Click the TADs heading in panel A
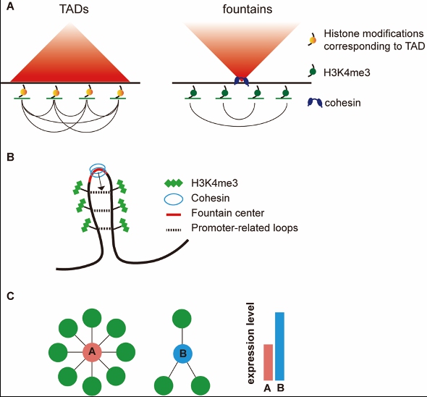click(x=74, y=9)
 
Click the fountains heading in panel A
click(x=248, y=9)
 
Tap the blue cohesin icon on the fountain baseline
click(x=242, y=81)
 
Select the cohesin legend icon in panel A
click(x=315, y=103)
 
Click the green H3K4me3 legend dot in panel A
click(x=313, y=72)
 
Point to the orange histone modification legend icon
click(x=313, y=40)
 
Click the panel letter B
click(x=10, y=157)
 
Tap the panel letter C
click(x=10, y=296)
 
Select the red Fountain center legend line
click(x=174, y=214)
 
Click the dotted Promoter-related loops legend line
click(x=174, y=230)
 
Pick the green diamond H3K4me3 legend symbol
click(x=174, y=183)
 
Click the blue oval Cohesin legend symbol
click(x=174, y=198)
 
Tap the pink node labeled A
click(x=92, y=352)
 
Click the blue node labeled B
click(x=182, y=354)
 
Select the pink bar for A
click(x=268, y=362)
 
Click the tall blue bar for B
click(x=279, y=346)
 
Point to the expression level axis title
click(x=250, y=343)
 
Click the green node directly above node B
click(x=182, y=319)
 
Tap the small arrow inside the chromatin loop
click(x=100, y=181)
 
